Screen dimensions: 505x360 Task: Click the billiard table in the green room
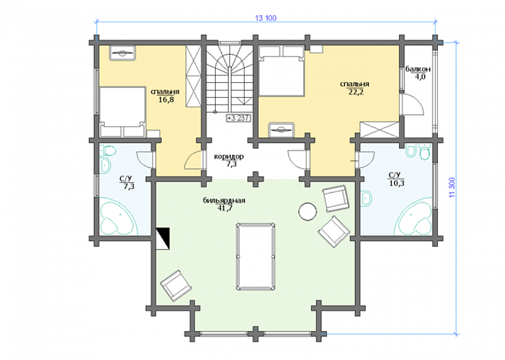click(256, 256)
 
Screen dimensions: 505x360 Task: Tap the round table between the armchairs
click(308, 212)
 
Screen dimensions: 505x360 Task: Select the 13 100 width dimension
click(266, 18)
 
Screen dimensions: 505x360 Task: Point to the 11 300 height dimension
click(452, 187)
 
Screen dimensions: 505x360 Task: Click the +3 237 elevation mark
click(238, 118)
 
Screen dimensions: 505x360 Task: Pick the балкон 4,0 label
click(418, 73)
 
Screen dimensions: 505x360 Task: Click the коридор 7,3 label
click(229, 160)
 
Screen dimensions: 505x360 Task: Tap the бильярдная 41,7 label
click(224, 204)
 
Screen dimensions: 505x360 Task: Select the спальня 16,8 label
click(165, 95)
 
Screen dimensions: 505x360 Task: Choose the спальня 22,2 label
click(354, 88)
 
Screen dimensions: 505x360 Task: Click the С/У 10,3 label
click(396, 179)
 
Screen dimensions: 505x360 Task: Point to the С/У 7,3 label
click(127, 183)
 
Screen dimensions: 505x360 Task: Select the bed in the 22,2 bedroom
click(281, 71)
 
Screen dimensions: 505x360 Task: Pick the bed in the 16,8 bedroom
click(122, 111)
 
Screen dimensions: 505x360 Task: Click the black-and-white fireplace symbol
click(163, 238)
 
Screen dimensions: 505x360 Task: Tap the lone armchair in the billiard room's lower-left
click(176, 286)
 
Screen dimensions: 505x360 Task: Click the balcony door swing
click(412, 104)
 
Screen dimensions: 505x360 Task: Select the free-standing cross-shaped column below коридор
click(256, 179)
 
